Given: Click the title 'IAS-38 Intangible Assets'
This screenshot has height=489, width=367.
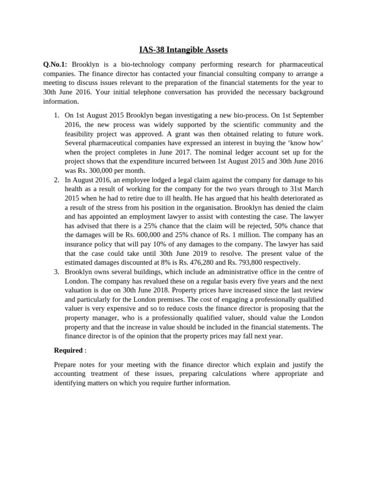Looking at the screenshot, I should [183, 50].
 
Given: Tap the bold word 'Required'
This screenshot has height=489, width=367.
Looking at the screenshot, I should [68, 350].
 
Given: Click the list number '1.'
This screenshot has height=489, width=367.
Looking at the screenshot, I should [56, 115].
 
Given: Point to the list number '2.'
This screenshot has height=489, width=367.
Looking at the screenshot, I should [56, 180].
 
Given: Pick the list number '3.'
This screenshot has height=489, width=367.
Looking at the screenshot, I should [56, 272].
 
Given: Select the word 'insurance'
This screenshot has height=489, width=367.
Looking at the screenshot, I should [80, 244].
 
